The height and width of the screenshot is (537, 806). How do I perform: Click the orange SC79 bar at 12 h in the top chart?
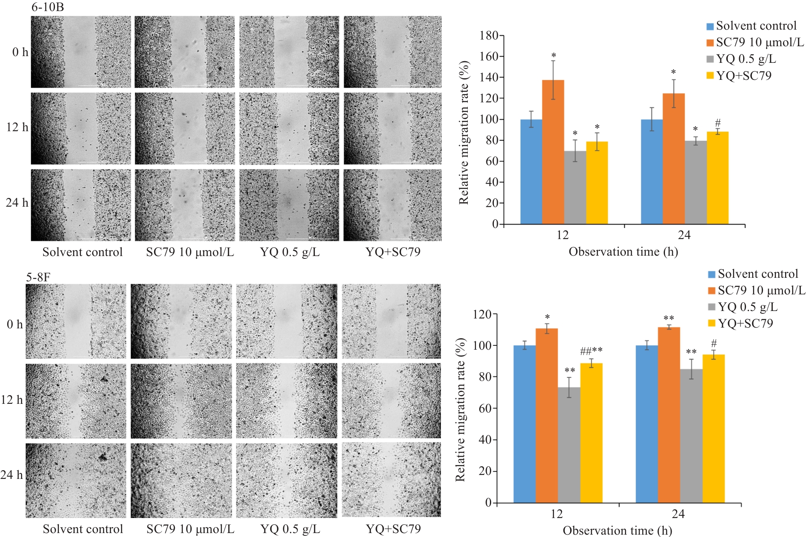pyautogui.click(x=553, y=152)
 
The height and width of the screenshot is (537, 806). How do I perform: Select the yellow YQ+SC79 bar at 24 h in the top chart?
pyautogui.click(x=717, y=178)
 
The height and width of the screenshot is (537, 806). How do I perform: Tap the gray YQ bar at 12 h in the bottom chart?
pyautogui.click(x=569, y=445)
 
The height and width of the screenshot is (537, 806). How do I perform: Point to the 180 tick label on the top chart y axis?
pyautogui.click(x=489, y=36)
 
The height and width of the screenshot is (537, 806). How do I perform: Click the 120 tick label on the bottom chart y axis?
pyautogui.click(x=482, y=315)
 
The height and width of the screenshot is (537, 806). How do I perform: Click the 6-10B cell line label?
pyautogui.click(x=47, y=7)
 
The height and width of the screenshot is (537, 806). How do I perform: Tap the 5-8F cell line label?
pyautogui.click(x=38, y=277)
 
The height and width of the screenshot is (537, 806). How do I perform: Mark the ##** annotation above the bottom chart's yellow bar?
pyautogui.click(x=591, y=350)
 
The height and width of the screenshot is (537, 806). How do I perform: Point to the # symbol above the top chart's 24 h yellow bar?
pyautogui.click(x=718, y=122)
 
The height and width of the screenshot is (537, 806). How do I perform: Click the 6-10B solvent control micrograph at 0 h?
pyautogui.click(x=81, y=52)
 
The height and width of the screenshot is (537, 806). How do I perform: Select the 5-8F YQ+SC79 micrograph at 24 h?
pyautogui.click(x=391, y=480)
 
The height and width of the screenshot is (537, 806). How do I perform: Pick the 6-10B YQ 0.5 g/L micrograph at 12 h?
pyautogui.click(x=289, y=128)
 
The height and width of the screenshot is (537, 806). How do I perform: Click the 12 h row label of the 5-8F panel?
pyautogui.click(x=12, y=399)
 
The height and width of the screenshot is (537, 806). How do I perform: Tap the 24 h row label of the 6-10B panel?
pyautogui.click(x=17, y=203)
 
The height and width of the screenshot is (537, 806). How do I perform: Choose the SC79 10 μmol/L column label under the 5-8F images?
pyautogui.click(x=190, y=529)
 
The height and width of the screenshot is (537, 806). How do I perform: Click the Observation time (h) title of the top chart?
pyautogui.click(x=623, y=252)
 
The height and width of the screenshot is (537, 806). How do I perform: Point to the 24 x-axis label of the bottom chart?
pyautogui.click(x=678, y=514)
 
